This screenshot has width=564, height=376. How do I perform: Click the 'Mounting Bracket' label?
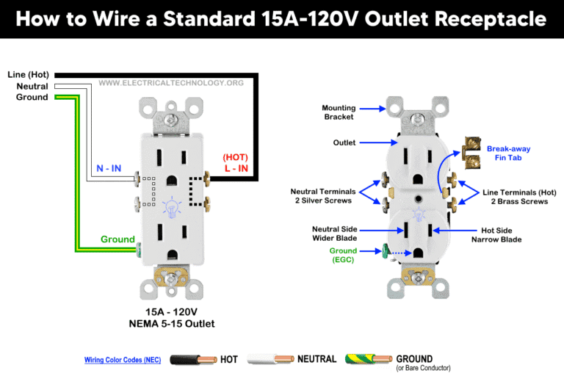pyautogui.click(x=338, y=112)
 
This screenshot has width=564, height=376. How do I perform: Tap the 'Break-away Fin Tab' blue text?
pyautogui.click(x=508, y=153)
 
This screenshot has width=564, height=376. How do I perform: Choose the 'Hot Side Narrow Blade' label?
pyautogui.click(x=502, y=234)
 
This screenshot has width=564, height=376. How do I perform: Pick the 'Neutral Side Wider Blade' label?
pyautogui.click(x=334, y=234)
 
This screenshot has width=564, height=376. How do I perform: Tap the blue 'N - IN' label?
pyautogui.click(x=109, y=168)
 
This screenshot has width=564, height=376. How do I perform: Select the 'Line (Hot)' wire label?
pyautogui.click(x=28, y=75)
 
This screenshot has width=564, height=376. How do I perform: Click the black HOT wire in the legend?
pyautogui.click(x=193, y=360)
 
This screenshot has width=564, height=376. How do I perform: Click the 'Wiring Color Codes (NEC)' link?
pyautogui.click(x=123, y=361)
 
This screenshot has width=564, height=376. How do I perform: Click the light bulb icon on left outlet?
pyautogui.click(x=174, y=208)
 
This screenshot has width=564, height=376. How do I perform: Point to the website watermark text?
pyautogui.click(x=172, y=83)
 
